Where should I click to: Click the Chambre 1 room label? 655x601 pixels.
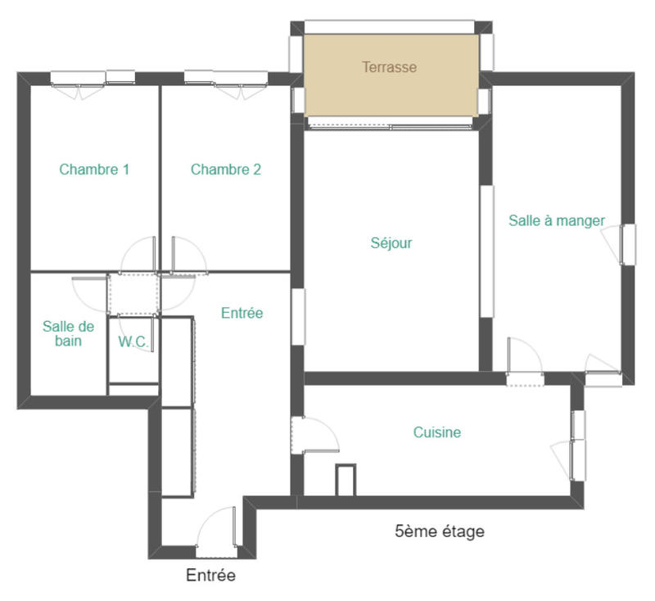(x=94, y=170)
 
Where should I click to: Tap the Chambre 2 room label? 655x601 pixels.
(x=226, y=170)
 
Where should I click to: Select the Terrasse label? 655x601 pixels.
(x=390, y=67)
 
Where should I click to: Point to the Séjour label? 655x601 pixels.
(x=391, y=243)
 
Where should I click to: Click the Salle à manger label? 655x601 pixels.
(x=557, y=220)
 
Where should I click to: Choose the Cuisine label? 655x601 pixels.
(x=436, y=432)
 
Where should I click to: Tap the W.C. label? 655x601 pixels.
(x=133, y=342)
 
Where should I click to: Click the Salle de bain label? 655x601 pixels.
(x=69, y=333)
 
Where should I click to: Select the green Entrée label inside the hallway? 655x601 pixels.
(x=242, y=313)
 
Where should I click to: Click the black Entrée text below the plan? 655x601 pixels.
(x=210, y=576)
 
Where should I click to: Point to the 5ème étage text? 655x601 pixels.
(x=440, y=531)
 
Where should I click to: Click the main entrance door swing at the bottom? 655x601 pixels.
(x=216, y=528)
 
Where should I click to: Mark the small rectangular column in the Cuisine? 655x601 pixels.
(x=346, y=480)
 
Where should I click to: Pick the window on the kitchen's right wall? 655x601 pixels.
(x=579, y=446)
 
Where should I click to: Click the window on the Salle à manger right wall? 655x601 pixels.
(x=627, y=244)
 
